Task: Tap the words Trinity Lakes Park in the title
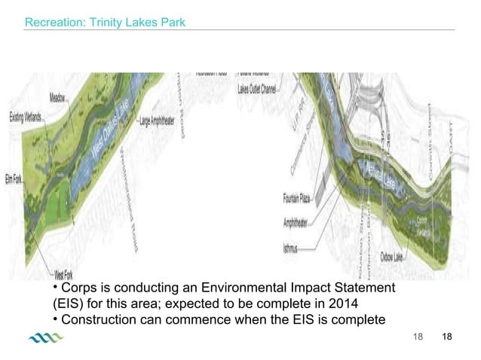(135, 23)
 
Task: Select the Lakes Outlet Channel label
(257, 89)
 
